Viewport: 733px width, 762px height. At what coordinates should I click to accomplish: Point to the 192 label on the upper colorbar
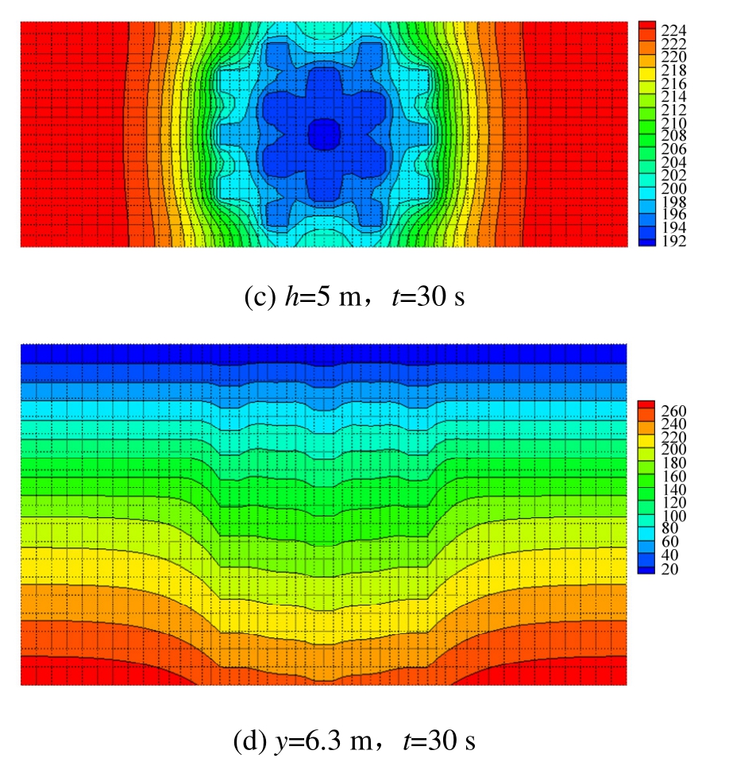click(674, 241)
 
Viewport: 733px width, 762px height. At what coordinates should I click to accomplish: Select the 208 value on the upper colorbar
click(674, 136)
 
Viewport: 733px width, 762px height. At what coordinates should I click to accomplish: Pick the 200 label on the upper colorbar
click(674, 188)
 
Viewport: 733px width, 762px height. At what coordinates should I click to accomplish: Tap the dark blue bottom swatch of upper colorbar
click(645, 241)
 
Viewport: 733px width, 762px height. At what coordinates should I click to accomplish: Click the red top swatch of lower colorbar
click(645, 405)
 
